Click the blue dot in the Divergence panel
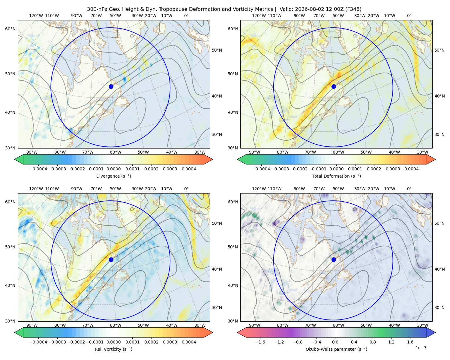[x=111, y=86]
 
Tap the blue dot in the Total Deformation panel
[x=334, y=86]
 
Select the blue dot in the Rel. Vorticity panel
[x=111, y=259]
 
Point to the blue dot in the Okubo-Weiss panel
[x=334, y=259]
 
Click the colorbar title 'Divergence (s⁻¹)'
[x=113, y=176]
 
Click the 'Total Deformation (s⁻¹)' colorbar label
[x=336, y=176]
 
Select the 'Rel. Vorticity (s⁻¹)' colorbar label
[x=113, y=349]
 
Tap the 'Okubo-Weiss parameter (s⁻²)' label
[x=336, y=349]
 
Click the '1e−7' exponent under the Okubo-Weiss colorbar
[x=421, y=348]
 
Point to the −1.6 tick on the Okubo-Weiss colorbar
[x=260, y=342]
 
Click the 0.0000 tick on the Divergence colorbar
[x=113, y=169]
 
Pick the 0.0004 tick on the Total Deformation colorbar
[x=411, y=169]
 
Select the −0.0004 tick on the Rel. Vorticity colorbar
[x=38, y=342]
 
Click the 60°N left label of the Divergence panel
[x=10, y=29]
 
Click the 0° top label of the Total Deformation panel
[x=409, y=16]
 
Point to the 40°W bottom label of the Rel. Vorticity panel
[x=172, y=325]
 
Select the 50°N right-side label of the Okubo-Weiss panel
[x=439, y=223]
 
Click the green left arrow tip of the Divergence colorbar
[x=15, y=159]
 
